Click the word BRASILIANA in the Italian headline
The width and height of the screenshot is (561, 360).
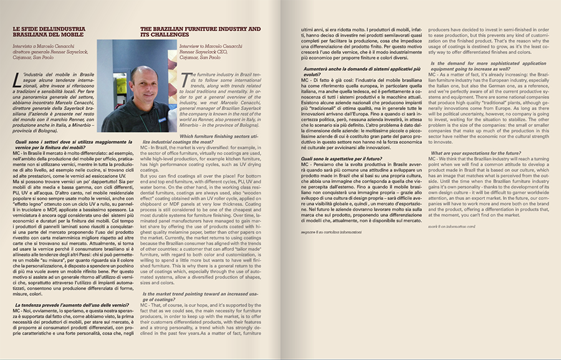[x=31, y=36]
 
